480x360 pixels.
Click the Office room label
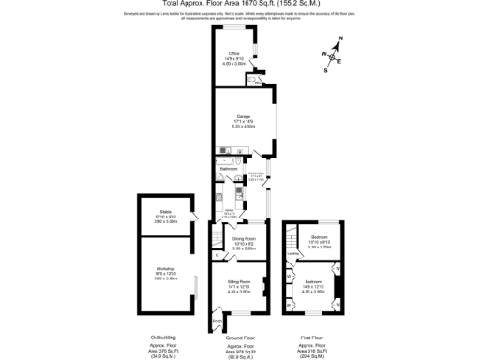(233, 53)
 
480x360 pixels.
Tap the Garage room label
(243, 115)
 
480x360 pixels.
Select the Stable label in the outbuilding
(165, 212)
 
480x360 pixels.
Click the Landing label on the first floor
(292, 253)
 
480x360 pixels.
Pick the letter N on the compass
(340, 37)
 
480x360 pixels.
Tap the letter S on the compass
(326, 69)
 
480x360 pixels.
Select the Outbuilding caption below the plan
(164, 337)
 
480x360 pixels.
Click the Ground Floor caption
(242, 337)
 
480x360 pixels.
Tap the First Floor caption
(314, 337)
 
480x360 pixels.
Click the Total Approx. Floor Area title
(239, 4)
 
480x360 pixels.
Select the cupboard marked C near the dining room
(217, 252)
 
